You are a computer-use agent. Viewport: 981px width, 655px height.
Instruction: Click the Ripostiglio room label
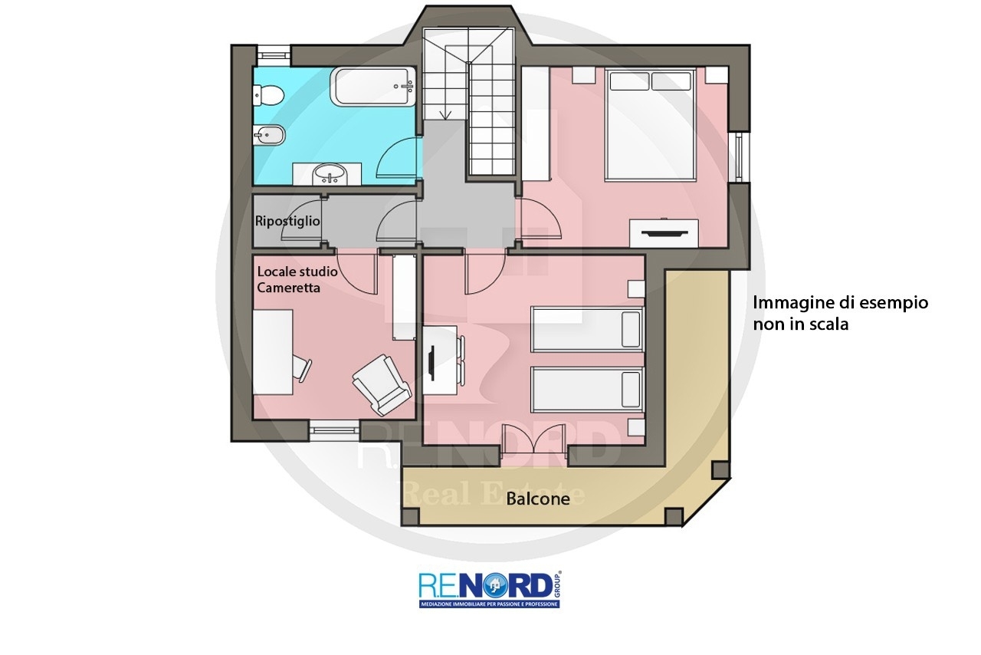[287, 221]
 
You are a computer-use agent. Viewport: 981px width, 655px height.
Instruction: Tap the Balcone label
[538, 499]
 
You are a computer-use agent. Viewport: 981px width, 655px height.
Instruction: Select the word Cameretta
[288, 288]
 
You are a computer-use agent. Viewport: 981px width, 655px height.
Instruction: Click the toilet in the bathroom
[268, 95]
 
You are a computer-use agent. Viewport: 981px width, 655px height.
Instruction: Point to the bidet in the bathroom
[269, 135]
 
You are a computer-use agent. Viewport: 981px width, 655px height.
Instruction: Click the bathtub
[372, 87]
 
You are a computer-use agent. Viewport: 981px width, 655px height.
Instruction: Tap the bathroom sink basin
[330, 175]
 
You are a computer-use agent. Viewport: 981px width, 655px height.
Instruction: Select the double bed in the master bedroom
[651, 125]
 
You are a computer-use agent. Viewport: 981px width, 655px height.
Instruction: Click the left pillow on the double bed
[629, 81]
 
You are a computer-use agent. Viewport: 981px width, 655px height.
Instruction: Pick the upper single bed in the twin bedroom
[587, 329]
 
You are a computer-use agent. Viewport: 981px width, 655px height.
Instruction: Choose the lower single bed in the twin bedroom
[587, 390]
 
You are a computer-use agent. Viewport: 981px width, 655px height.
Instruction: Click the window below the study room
[335, 430]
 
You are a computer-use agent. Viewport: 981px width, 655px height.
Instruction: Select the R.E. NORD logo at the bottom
[490, 589]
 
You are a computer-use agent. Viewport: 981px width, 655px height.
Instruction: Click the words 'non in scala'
[801, 324]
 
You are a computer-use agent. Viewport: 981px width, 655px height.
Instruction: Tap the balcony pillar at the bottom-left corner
[410, 517]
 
